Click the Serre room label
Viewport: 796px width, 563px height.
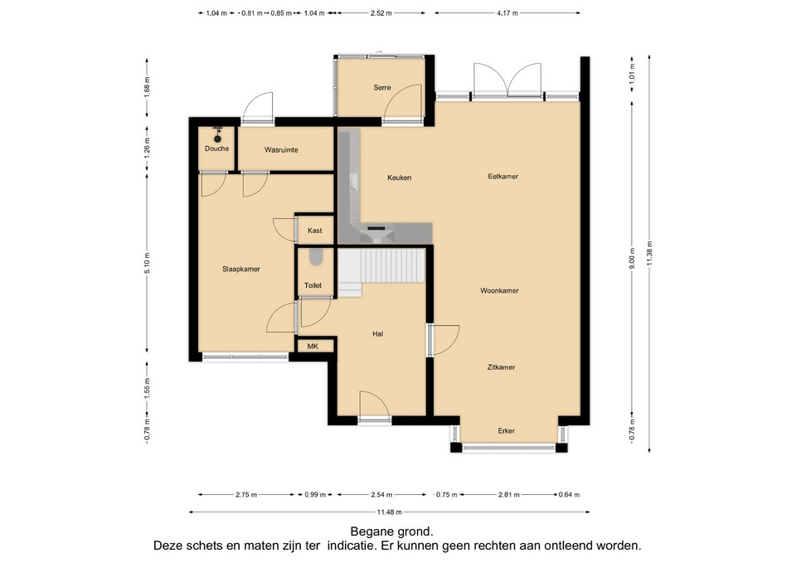point(381,87)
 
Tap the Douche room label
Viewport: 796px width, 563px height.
point(216,148)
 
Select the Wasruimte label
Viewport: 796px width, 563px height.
point(281,150)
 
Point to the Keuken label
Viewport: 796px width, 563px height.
point(399,177)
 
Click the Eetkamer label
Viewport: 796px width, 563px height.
point(502,176)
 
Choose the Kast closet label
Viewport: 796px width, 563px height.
point(315,231)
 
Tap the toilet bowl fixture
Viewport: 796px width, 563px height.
point(316,257)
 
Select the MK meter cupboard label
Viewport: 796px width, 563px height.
point(313,347)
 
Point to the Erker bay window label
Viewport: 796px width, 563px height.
point(506,431)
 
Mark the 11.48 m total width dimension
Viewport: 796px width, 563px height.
point(390,512)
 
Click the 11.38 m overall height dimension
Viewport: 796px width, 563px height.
point(649,254)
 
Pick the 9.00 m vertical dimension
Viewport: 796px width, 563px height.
point(632,259)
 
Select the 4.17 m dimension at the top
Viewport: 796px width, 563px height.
point(507,13)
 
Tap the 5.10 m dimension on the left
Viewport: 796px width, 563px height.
point(148,263)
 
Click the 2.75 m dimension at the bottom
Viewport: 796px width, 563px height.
point(246,494)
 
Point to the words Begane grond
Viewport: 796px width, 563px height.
point(392,531)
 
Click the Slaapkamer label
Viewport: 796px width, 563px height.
point(241,269)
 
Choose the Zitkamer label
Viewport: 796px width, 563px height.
point(501,367)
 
